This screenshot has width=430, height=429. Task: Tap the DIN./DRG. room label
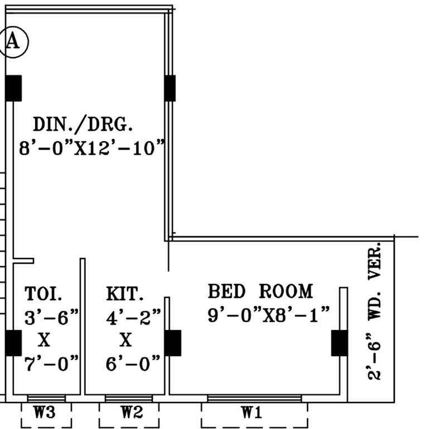pyautogui.click(x=83, y=123)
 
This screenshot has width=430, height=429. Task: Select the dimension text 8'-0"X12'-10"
pyautogui.click(x=92, y=149)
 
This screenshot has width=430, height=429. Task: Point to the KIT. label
pyautogui.click(x=125, y=293)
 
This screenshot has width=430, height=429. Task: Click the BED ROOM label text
pyautogui.click(x=260, y=291)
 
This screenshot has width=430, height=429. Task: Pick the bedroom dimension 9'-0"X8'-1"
pyautogui.click(x=269, y=315)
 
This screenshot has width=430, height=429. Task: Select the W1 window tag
pyautogui.click(x=252, y=413)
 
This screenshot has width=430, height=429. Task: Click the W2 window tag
pyautogui.click(x=132, y=413)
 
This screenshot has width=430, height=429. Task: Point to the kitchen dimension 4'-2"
pyautogui.click(x=133, y=317)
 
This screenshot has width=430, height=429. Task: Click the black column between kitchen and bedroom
pyautogui.click(x=172, y=343)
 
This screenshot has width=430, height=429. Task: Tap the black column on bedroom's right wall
pyautogui.click(x=339, y=343)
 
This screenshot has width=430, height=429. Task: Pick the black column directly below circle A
pyautogui.click(x=13, y=88)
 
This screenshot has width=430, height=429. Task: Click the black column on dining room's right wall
pyautogui.click(x=170, y=88)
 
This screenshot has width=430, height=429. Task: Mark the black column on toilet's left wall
pyautogui.click(x=13, y=343)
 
